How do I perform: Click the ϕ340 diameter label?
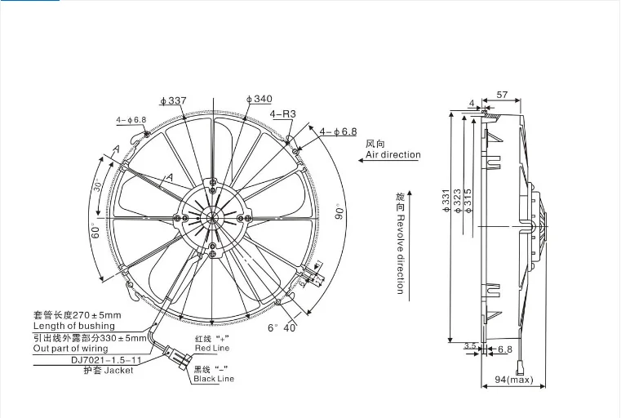[x=259, y=99]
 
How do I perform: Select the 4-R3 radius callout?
[x=282, y=113]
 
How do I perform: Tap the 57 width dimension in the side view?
[x=502, y=95]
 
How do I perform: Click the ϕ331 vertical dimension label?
[x=446, y=202]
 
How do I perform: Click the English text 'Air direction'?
[x=393, y=154]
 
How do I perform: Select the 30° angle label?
[x=100, y=185]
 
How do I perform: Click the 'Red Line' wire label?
[x=213, y=349]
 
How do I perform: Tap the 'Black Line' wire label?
[x=213, y=379]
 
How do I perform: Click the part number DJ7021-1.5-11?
[x=95, y=359]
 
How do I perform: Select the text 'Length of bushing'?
[x=73, y=326]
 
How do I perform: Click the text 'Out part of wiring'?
[x=76, y=349]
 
